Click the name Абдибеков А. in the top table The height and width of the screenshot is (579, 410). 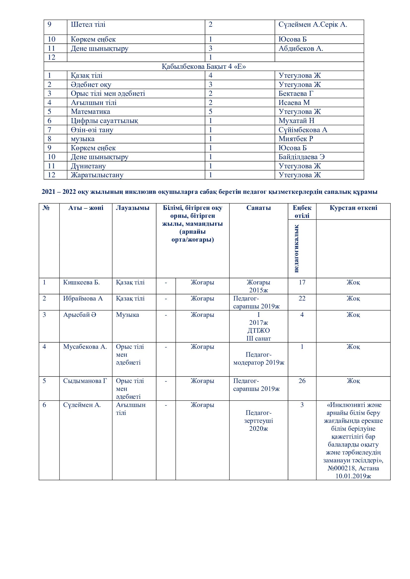(x=301, y=49)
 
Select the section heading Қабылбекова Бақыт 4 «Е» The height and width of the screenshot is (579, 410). (x=204, y=67)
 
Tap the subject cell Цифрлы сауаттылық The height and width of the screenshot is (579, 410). (x=104, y=121)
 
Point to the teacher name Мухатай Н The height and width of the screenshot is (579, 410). (x=296, y=121)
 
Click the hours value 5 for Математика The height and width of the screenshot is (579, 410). (x=210, y=112)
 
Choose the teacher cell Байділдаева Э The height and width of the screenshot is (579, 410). (x=301, y=157)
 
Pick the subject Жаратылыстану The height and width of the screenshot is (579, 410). (x=97, y=175)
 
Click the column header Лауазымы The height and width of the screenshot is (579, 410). (x=133, y=208)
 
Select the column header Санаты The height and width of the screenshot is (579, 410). (x=259, y=208)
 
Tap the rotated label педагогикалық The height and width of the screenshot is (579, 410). (x=296, y=248)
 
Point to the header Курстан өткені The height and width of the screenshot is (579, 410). (x=353, y=208)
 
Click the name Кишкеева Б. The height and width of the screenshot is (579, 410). (x=81, y=282)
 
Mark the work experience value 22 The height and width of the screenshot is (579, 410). (x=302, y=299)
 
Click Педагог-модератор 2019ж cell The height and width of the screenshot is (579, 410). (x=259, y=359)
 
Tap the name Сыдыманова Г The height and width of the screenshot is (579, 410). (x=85, y=381)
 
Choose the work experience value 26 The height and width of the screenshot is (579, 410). (x=302, y=381)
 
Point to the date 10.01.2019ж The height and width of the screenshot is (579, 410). (x=353, y=476)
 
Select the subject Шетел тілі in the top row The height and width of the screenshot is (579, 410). (x=88, y=25)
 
